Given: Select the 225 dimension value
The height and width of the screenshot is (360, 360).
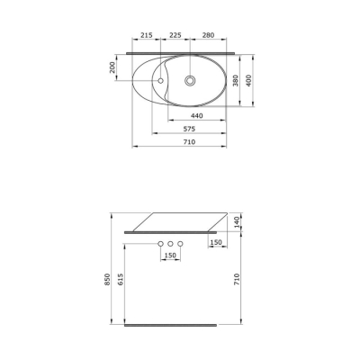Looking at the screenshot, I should point(175,36).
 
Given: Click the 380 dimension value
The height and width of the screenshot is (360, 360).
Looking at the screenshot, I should point(236,82).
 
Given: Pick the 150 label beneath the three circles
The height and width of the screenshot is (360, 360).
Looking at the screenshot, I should point(169,256).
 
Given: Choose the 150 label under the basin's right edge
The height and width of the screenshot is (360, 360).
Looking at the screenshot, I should point(215,242).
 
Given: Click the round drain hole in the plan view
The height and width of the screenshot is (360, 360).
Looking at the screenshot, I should point(190,81).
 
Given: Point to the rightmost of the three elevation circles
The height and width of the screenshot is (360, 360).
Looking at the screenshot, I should point(180,245).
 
